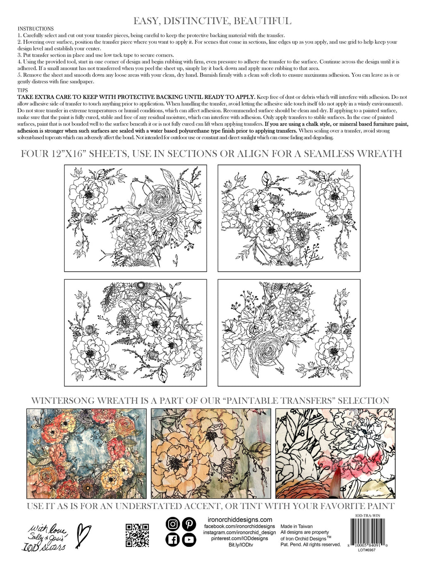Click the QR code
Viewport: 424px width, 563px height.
coord(137,535)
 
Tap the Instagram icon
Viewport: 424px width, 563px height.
coord(173,524)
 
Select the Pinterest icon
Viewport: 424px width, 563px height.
coord(189,524)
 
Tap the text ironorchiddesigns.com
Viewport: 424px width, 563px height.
coord(239,519)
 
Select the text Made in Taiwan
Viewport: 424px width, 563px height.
coord(296,526)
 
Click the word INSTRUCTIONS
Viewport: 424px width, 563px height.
coord(36,29)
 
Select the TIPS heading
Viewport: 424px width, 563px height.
coord(23,90)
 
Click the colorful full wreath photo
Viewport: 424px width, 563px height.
coord(86,453)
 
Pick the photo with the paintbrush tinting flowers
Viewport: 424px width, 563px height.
coord(335,453)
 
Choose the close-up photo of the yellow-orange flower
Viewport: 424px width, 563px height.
coord(211,453)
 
